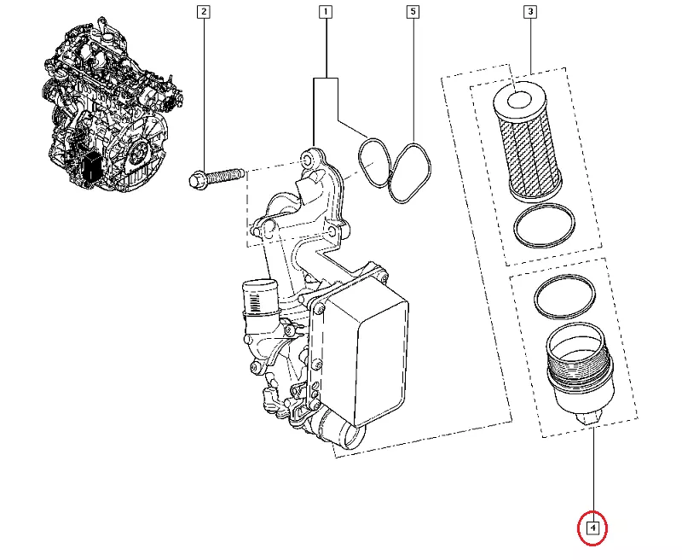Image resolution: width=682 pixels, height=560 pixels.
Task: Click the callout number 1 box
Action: point(326,12)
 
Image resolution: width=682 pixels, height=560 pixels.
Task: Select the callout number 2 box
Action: point(203,12)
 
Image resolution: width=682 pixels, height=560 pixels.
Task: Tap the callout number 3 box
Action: point(530,12)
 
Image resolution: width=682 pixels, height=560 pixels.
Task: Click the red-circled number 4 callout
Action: point(592,528)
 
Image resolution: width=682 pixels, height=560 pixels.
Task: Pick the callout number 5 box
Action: point(413,12)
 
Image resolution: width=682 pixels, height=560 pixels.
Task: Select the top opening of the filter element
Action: point(518,102)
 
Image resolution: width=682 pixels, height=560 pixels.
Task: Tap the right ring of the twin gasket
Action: point(410,171)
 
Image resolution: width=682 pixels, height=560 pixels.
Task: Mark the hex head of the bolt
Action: point(195,180)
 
